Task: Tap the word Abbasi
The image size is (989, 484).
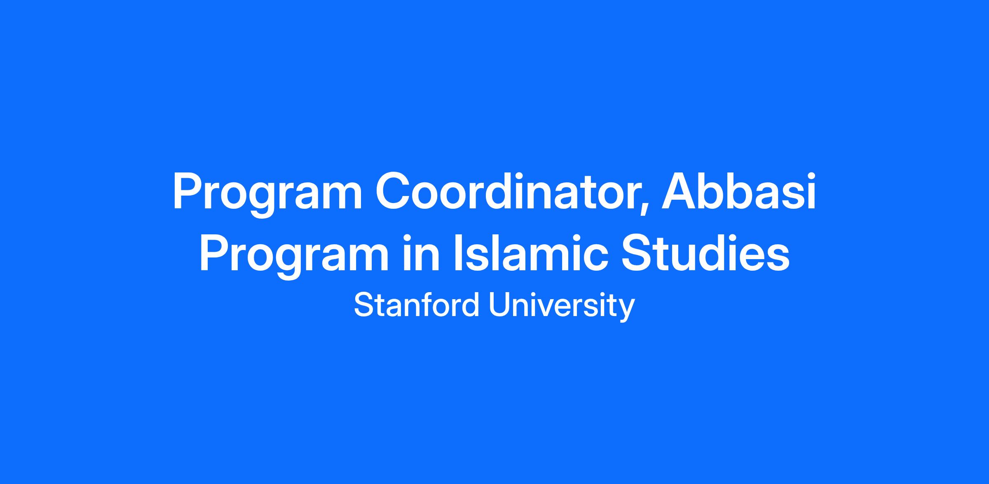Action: [739, 191]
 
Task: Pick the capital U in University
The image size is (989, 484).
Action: [500, 305]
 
